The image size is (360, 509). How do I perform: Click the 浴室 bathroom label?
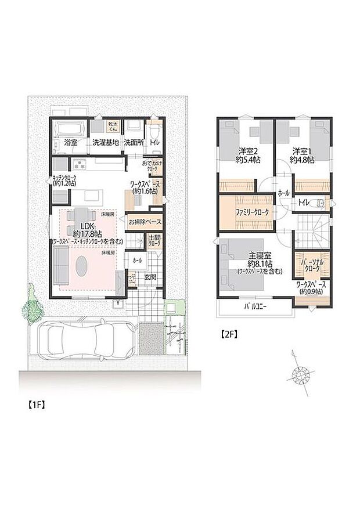(x=71, y=142)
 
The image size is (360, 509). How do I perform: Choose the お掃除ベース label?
(x=145, y=222)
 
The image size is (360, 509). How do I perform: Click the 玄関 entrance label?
(x=150, y=277)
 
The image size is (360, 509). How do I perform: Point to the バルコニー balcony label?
(x=255, y=305)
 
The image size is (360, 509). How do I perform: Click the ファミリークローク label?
(x=251, y=213)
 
